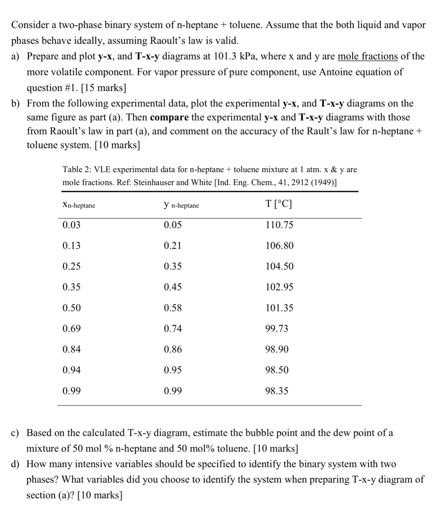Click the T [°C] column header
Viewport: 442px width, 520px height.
278,204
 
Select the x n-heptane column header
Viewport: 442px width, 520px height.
79,205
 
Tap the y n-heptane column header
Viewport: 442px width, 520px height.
181,205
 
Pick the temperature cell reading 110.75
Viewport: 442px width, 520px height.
279,225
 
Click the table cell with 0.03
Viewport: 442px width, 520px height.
71,225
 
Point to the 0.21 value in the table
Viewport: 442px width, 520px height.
172,246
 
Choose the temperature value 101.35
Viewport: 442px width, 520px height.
279,308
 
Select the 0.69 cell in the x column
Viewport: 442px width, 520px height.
71,328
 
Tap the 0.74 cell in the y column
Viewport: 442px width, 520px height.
173,328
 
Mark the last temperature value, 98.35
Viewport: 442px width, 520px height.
277,391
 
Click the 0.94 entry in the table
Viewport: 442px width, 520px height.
71,370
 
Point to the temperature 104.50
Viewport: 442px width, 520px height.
279,266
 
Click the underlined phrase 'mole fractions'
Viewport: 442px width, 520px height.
368,56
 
